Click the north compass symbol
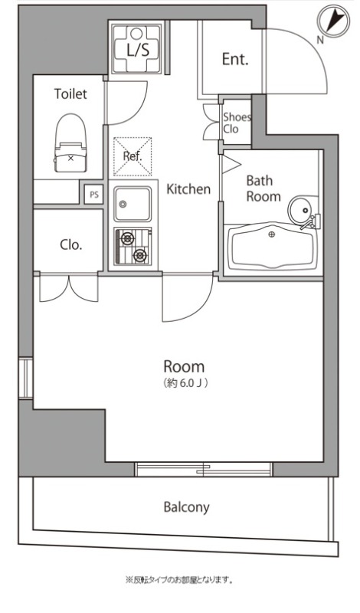click(x=333, y=21)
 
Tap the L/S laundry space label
click(x=137, y=50)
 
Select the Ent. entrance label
click(x=235, y=59)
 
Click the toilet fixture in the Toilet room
click(x=70, y=143)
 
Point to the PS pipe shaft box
click(x=94, y=195)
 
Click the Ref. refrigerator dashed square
click(x=132, y=156)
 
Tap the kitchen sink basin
click(x=133, y=204)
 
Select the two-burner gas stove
click(x=133, y=246)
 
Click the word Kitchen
click(x=188, y=189)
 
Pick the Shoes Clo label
click(x=237, y=123)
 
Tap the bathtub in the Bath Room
click(x=273, y=247)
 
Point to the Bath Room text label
click(x=263, y=188)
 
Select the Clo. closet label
click(x=71, y=244)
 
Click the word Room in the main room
click(x=184, y=367)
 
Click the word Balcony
click(x=186, y=507)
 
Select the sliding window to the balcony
click(x=203, y=469)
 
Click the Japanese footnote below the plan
click(x=179, y=580)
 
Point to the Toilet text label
click(x=70, y=93)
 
